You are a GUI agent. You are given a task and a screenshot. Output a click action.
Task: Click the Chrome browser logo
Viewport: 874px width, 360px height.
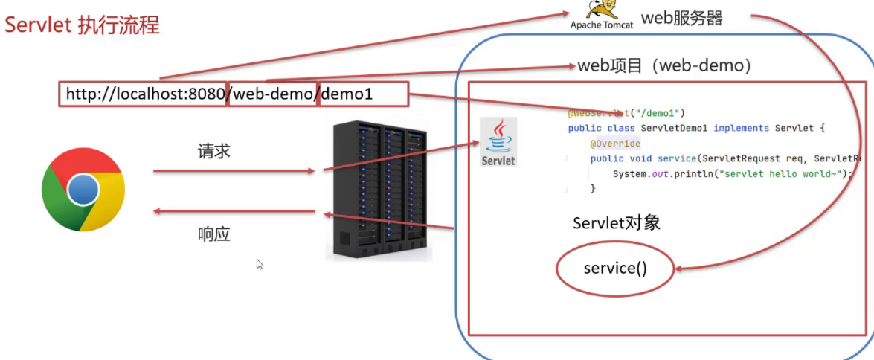pyautogui.click(x=83, y=189)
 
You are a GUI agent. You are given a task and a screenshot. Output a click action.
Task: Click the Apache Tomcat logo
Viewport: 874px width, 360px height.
pyautogui.click(x=602, y=15)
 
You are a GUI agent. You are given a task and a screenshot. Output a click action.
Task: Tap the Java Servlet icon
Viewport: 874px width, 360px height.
pyautogui.click(x=498, y=141)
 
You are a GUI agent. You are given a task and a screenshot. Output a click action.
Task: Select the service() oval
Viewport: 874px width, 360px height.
pyautogui.click(x=615, y=268)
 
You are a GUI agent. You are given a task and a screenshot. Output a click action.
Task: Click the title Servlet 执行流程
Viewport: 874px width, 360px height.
pyautogui.click(x=82, y=25)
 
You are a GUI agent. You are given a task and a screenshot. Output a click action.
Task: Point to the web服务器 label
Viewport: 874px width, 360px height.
pyautogui.click(x=681, y=18)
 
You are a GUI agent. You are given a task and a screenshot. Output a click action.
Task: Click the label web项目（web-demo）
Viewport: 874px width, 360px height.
pyautogui.click(x=664, y=65)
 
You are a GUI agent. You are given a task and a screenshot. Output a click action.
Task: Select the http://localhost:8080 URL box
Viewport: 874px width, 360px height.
pyautogui.click(x=143, y=94)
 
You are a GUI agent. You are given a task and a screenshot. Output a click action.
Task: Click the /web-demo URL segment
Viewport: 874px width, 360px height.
pyautogui.click(x=273, y=94)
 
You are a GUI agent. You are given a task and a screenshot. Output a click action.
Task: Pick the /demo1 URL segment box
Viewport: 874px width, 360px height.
pyautogui.click(x=363, y=94)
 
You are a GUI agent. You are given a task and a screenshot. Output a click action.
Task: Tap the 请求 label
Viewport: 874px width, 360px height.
pyautogui.click(x=214, y=151)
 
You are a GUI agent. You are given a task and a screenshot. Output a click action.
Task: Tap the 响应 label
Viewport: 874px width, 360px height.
pyautogui.click(x=214, y=234)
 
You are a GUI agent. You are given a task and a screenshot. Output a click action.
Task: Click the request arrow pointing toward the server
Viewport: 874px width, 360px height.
pyautogui.click(x=234, y=171)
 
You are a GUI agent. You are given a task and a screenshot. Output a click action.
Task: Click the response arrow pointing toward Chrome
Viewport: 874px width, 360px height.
pyautogui.click(x=234, y=213)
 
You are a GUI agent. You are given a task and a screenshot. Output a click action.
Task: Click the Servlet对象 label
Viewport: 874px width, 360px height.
pyautogui.click(x=617, y=223)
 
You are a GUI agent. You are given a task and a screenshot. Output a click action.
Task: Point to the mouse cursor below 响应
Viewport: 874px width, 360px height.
pyautogui.click(x=260, y=264)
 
